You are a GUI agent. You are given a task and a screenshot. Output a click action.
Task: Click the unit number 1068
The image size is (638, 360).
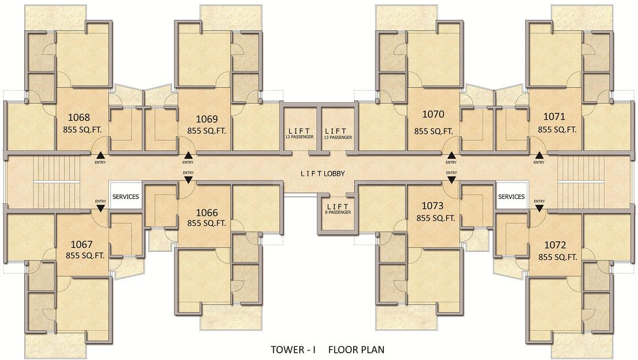point(79,118)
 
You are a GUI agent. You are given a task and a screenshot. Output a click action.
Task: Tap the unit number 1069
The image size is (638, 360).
point(207,119)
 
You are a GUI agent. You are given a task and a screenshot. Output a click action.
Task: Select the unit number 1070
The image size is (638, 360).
point(433,114)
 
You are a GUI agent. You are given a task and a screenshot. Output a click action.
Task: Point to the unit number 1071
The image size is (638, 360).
point(554,117)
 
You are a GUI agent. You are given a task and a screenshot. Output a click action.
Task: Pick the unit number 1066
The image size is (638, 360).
point(207,213)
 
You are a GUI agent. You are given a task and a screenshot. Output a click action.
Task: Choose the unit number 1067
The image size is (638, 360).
point(82,245)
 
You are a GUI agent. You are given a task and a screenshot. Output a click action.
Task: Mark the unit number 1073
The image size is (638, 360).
point(432,206)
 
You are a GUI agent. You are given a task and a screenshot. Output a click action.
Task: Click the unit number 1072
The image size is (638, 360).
point(555,245)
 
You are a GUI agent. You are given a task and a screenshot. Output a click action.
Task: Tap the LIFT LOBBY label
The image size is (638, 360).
point(323,174)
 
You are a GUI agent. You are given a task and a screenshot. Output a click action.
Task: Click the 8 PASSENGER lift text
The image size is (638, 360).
point(338,212)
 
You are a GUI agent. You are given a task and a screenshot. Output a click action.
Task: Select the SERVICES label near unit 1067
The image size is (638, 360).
point(125,197)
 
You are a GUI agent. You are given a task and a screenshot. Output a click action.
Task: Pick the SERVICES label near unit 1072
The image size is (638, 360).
point(512,197)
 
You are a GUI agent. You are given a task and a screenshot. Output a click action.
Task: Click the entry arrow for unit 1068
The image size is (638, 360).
point(100,155)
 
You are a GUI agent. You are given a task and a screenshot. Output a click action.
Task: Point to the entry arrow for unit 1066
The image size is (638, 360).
point(188,179)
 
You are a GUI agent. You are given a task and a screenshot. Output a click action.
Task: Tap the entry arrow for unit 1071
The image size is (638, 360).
point(539,155)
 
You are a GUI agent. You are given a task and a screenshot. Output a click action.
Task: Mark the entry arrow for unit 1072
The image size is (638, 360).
point(539,208)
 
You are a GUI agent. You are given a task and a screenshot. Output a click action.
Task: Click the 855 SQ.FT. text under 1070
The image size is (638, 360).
point(433,131)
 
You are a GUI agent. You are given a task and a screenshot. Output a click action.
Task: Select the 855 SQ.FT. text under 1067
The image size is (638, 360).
point(85,256)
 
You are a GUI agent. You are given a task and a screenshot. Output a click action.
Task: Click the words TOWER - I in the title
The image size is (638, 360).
point(293,350)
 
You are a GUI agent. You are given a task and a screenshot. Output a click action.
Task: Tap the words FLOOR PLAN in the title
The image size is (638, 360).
point(356,350)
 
